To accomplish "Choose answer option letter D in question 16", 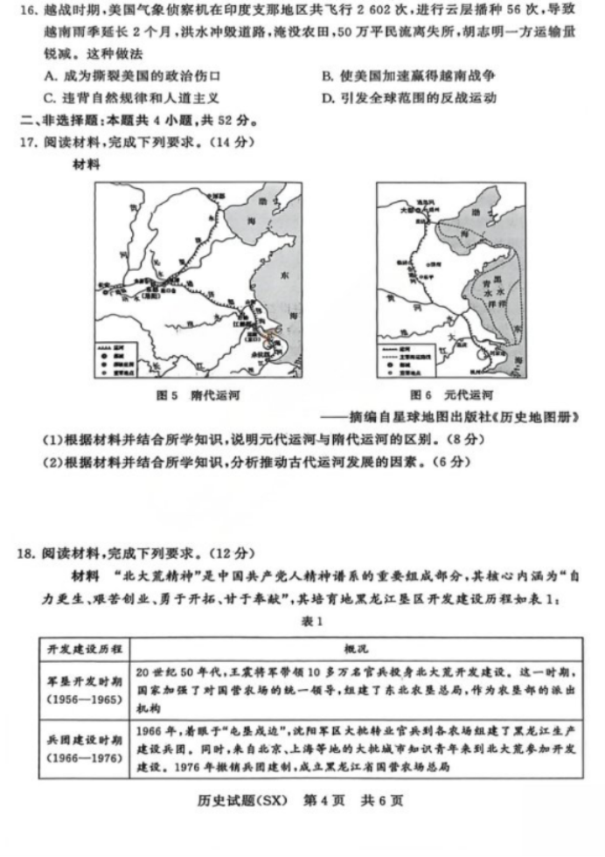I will (326, 97).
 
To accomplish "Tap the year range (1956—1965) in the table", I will (86, 700).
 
